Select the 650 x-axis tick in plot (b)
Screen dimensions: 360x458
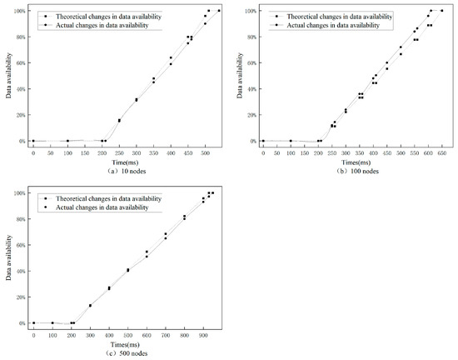[x=441, y=152]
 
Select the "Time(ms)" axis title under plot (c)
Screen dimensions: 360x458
[x=116, y=342]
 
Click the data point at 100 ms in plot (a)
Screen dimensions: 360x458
[x=67, y=141]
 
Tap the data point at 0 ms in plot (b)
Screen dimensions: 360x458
[x=263, y=141]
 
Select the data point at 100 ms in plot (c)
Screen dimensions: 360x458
[x=52, y=322]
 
